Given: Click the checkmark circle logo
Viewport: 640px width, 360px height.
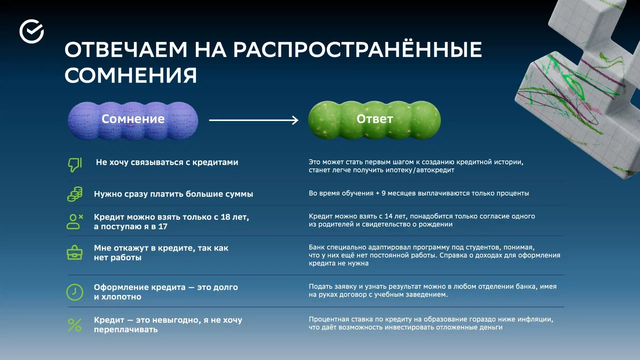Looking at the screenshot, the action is tap(31, 31).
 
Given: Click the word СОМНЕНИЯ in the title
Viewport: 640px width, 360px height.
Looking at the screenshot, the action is tap(130, 75).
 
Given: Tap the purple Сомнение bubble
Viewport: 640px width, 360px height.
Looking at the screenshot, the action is tap(133, 120).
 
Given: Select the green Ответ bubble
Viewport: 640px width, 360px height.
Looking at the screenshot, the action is tap(374, 120).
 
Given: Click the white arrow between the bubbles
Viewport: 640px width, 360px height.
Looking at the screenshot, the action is tap(253, 120).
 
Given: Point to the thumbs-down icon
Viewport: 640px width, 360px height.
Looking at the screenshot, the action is tap(75, 165).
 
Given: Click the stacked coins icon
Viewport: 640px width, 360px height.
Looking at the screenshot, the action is tap(75, 194).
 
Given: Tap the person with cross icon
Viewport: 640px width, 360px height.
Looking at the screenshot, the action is tap(74, 221).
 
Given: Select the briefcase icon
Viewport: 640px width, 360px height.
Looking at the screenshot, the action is tap(74, 252).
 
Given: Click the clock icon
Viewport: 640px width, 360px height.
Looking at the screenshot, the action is tap(74, 292).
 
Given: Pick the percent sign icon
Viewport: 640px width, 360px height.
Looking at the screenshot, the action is tap(74, 325).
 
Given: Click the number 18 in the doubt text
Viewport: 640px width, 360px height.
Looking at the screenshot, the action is tap(225, 217).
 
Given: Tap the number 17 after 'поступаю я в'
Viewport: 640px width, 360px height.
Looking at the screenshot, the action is tap(163, 226).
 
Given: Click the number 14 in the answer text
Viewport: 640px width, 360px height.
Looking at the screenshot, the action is tap(388, 216).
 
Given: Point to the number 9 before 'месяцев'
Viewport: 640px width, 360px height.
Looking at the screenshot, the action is tap(383, 193).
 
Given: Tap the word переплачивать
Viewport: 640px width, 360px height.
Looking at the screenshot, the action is tap(125, 329).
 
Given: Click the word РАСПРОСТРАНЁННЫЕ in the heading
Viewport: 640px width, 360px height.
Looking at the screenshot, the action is tap(357, 49).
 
